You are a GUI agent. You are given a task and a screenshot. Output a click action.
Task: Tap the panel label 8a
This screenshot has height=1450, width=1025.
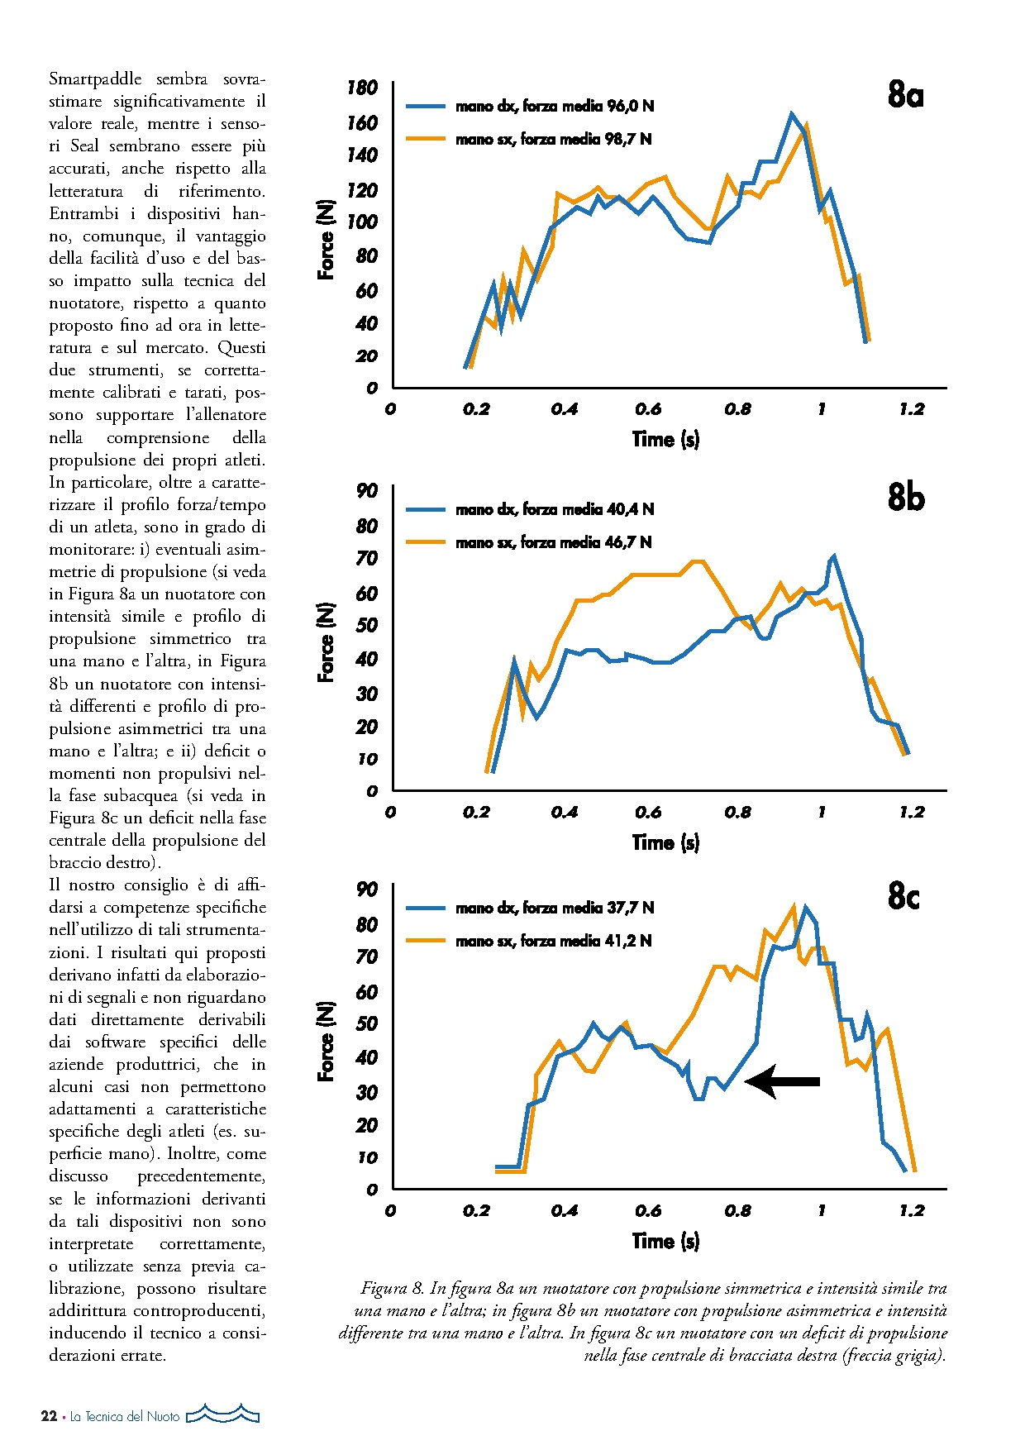(x=905, y=95)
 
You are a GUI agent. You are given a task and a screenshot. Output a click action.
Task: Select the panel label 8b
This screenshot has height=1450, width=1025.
(x=906, y=498)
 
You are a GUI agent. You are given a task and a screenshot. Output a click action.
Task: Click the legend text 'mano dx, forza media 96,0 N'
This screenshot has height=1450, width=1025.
(x=555, y=106)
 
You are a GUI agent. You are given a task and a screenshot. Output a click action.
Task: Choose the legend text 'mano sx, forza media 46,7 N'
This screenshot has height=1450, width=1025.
(x=553, y=542)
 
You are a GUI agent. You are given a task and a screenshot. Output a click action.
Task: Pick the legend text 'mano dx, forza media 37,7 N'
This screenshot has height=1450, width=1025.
(x=555, y=908)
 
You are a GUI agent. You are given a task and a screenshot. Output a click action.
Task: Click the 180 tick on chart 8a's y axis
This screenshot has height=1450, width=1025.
(x=362, y=88)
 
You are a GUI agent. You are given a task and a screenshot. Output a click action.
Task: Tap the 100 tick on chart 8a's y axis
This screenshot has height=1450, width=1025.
(x=362, y=222)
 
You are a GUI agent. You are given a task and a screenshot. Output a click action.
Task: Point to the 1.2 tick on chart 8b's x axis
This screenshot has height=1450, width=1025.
(x=912, y=812)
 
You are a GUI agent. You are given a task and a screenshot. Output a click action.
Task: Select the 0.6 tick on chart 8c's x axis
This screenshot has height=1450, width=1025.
(x=648, y=1210)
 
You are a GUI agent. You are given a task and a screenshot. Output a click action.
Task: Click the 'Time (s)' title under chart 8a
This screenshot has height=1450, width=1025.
(x=665, y=439)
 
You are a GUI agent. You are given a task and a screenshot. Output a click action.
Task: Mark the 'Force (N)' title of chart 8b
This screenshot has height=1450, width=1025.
(x=327, y=642)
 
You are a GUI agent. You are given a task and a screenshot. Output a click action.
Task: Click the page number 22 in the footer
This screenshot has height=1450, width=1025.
(x=49, y=1416)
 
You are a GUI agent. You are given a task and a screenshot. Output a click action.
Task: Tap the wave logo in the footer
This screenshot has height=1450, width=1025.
(x=223, y=1414)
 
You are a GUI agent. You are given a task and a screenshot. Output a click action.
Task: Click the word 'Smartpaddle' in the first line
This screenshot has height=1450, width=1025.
(x=95, y=79)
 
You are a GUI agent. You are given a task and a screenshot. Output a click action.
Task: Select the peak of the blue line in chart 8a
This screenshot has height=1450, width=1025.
(x=792, y=113)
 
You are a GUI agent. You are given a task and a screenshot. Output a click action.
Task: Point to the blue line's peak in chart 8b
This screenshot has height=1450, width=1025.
(x=834, y=556)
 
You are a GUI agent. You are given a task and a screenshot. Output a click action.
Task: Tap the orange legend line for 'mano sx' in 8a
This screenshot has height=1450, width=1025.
(x=426, y=139)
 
